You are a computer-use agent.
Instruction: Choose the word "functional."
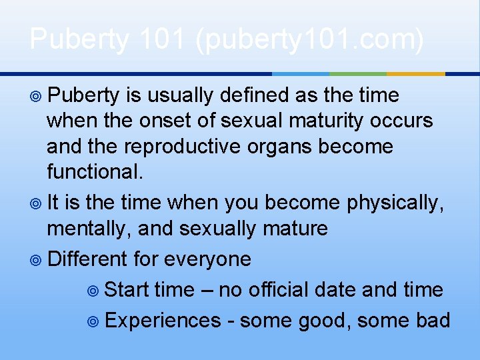click(x=95, y=172)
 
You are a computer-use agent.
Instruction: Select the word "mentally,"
click(x=90, y=229)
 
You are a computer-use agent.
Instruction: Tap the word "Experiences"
click(x=163, y=321)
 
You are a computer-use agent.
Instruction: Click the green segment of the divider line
click(x=358, y=73)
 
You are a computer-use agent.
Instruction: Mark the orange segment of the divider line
click(x=415, y=73)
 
